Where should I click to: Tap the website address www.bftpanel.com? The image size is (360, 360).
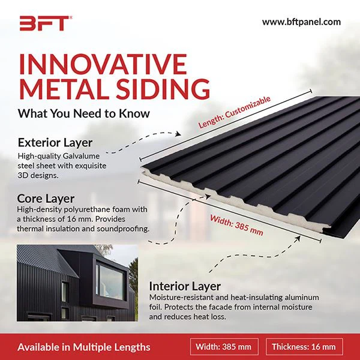tap(301, 22)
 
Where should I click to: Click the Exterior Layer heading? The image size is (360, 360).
tap(55, 143)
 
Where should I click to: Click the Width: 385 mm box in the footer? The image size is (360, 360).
tap(224, 346)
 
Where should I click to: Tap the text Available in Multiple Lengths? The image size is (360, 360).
tap(83, 347)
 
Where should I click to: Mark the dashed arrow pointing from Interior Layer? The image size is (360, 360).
tap(240, 264)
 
